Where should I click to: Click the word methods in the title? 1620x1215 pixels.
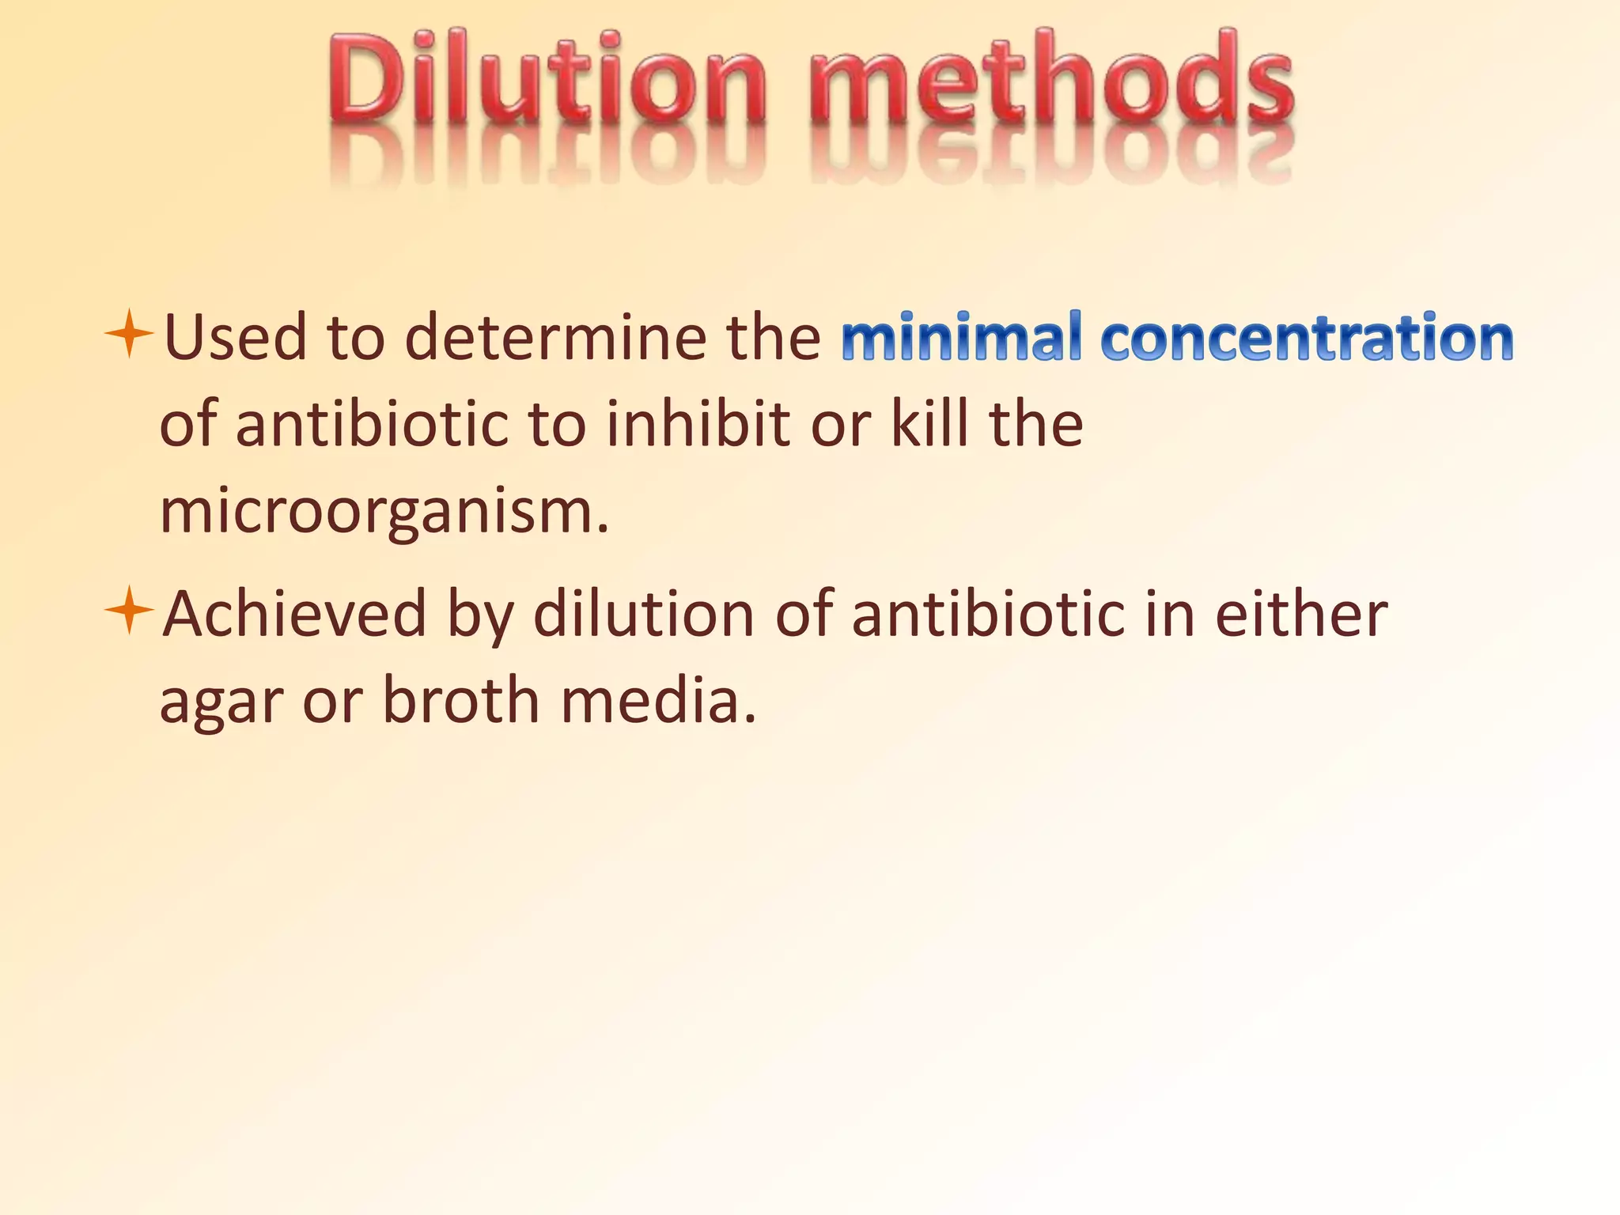[1052, 79]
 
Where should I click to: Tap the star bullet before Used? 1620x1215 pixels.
[128, 335]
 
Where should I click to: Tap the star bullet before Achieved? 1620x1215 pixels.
[128, 611]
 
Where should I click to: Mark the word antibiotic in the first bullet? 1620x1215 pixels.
[372, 425]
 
